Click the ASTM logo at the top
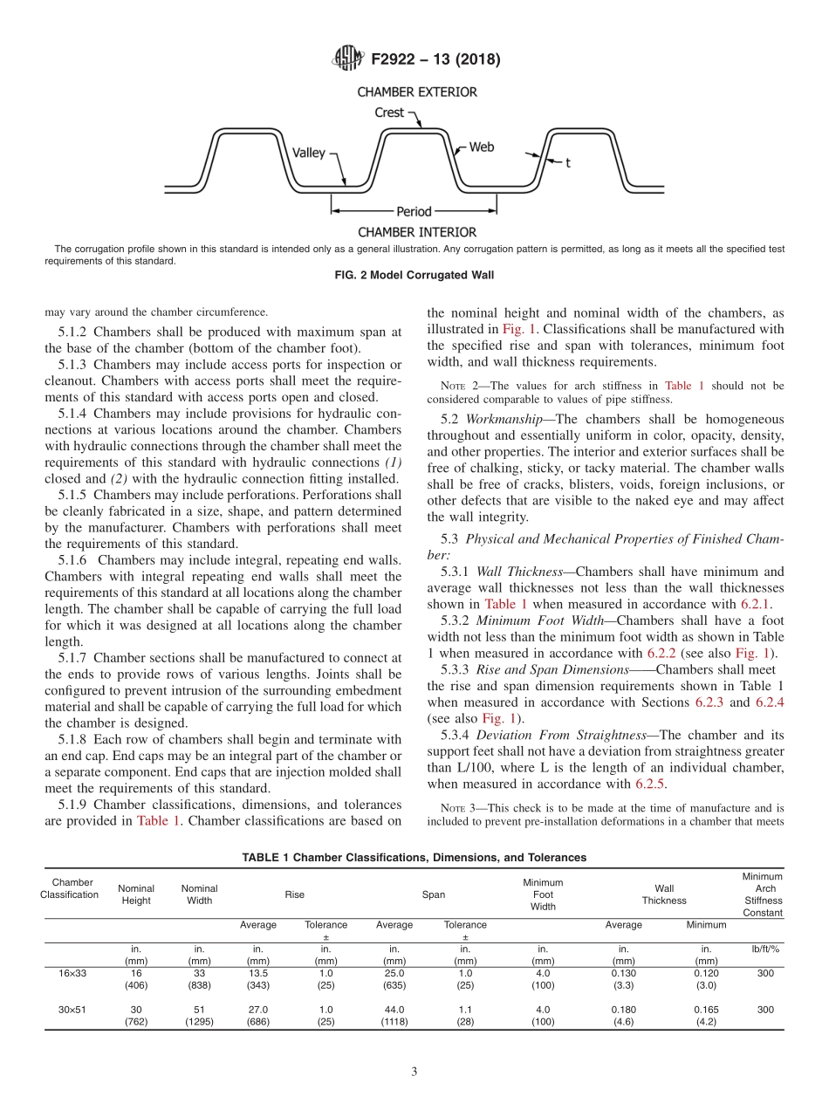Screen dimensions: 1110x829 tap(348, 59)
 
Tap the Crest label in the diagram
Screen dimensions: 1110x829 tap(389, 113)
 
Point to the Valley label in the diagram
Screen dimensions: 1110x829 tap(308, 153)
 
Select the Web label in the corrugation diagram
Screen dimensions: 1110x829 tap(482, 147)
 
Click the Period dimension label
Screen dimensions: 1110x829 tap(414, 211)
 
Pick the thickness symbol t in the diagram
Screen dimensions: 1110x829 tap(568, 162)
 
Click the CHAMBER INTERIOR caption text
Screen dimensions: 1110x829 tap(417, 232)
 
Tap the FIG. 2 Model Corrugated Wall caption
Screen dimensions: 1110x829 tap(414, 276)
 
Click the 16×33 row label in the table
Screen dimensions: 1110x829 tap(69, 972)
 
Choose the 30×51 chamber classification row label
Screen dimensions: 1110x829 tap(69, 1010)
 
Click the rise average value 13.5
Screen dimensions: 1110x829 tap(258, 972)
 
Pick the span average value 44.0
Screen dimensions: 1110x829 tap(394, 1010)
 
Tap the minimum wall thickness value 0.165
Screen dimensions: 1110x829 tap(706, 1010)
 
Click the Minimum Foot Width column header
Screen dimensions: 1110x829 tap(543, 894)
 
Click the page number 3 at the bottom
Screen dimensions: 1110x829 tap(414, 1072)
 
